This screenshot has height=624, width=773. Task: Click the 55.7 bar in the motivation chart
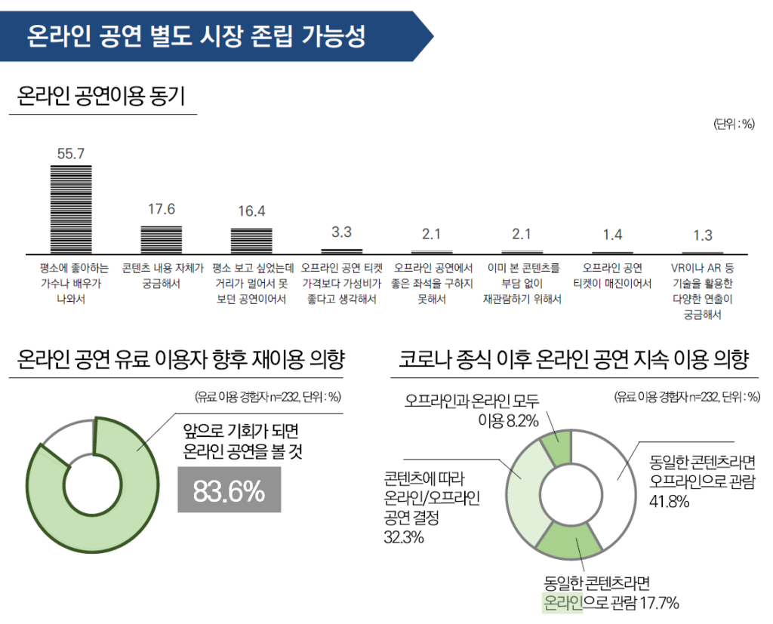tap(71, 208)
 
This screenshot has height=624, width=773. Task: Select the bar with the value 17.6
tap(162, 238)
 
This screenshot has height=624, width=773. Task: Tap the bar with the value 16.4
tap(251, 240)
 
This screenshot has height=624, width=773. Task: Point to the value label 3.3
tap(341, 232)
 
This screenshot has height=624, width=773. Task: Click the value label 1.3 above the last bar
tap(703, 235)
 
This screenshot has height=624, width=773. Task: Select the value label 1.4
tap(612, 234)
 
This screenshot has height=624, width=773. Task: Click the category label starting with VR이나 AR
tap(703, 290)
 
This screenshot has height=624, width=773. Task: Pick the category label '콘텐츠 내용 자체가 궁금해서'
tap(162, 275)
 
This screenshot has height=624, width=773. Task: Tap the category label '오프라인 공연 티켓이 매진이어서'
tap(612, 275)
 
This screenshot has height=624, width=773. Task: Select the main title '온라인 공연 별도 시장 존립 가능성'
tap(196, 36)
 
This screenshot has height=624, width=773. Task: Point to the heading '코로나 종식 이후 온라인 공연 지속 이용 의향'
tap(574, 359)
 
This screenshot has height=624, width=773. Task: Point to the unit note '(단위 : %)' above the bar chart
tap(734, 124)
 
